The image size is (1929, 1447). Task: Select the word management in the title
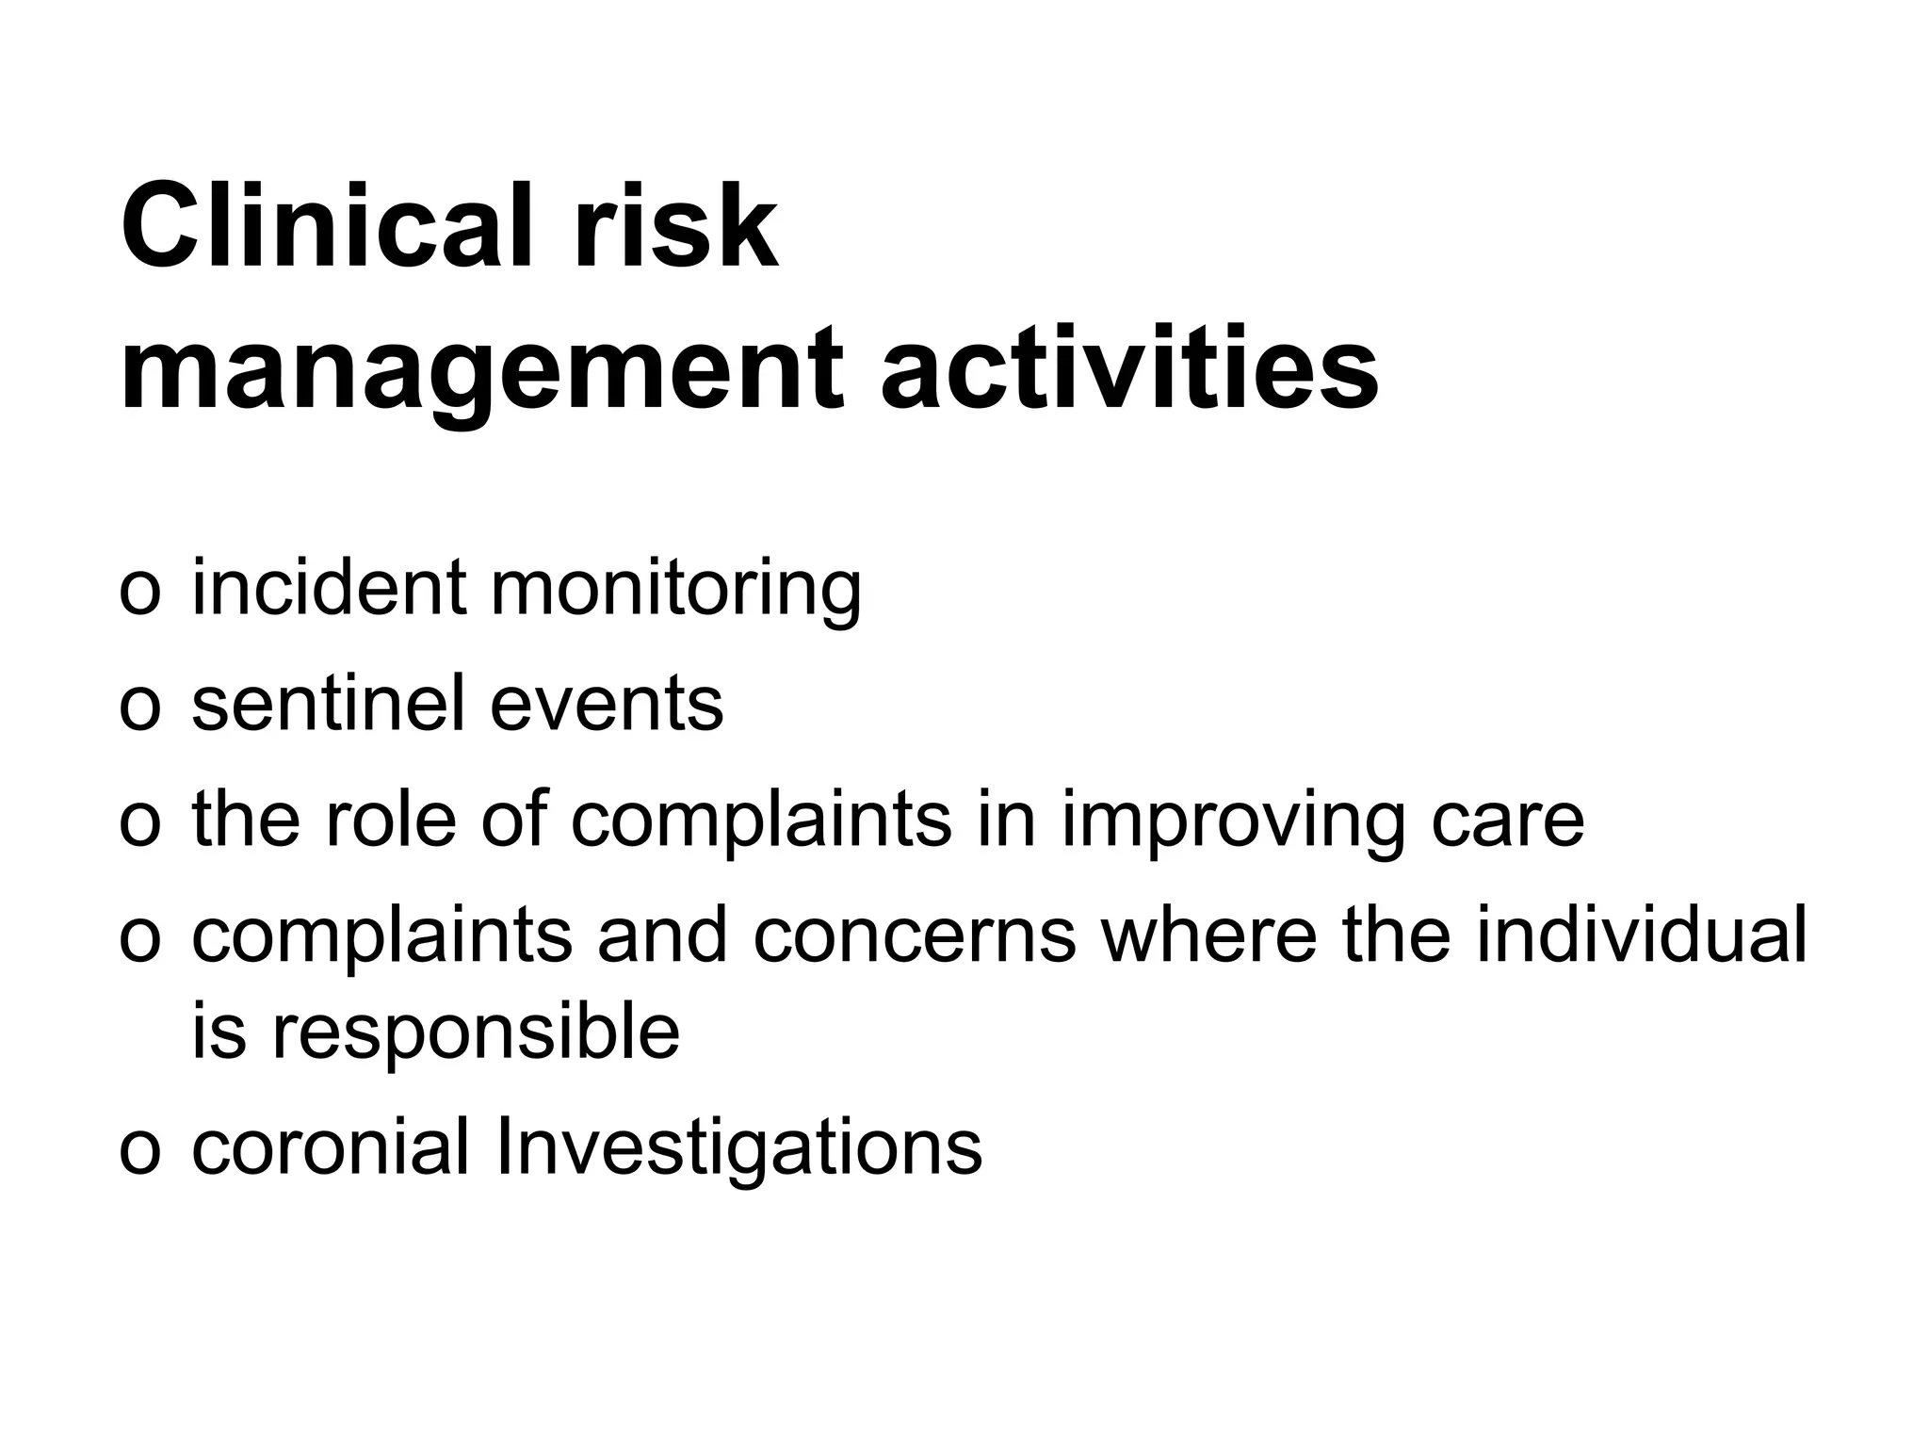pyautogui.click(x=481, y=369)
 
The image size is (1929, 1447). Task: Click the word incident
pyautogui.click(x=329, y=587)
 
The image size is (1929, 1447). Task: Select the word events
pyautogui.click(x=607, y=705)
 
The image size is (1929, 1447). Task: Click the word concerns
pyautogui.click(x=914, y=935)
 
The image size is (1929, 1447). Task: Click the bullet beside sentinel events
pyautogui.click(x=140, y=707)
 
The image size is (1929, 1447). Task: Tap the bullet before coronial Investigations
pyautogui.click(x=140, y=1151)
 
